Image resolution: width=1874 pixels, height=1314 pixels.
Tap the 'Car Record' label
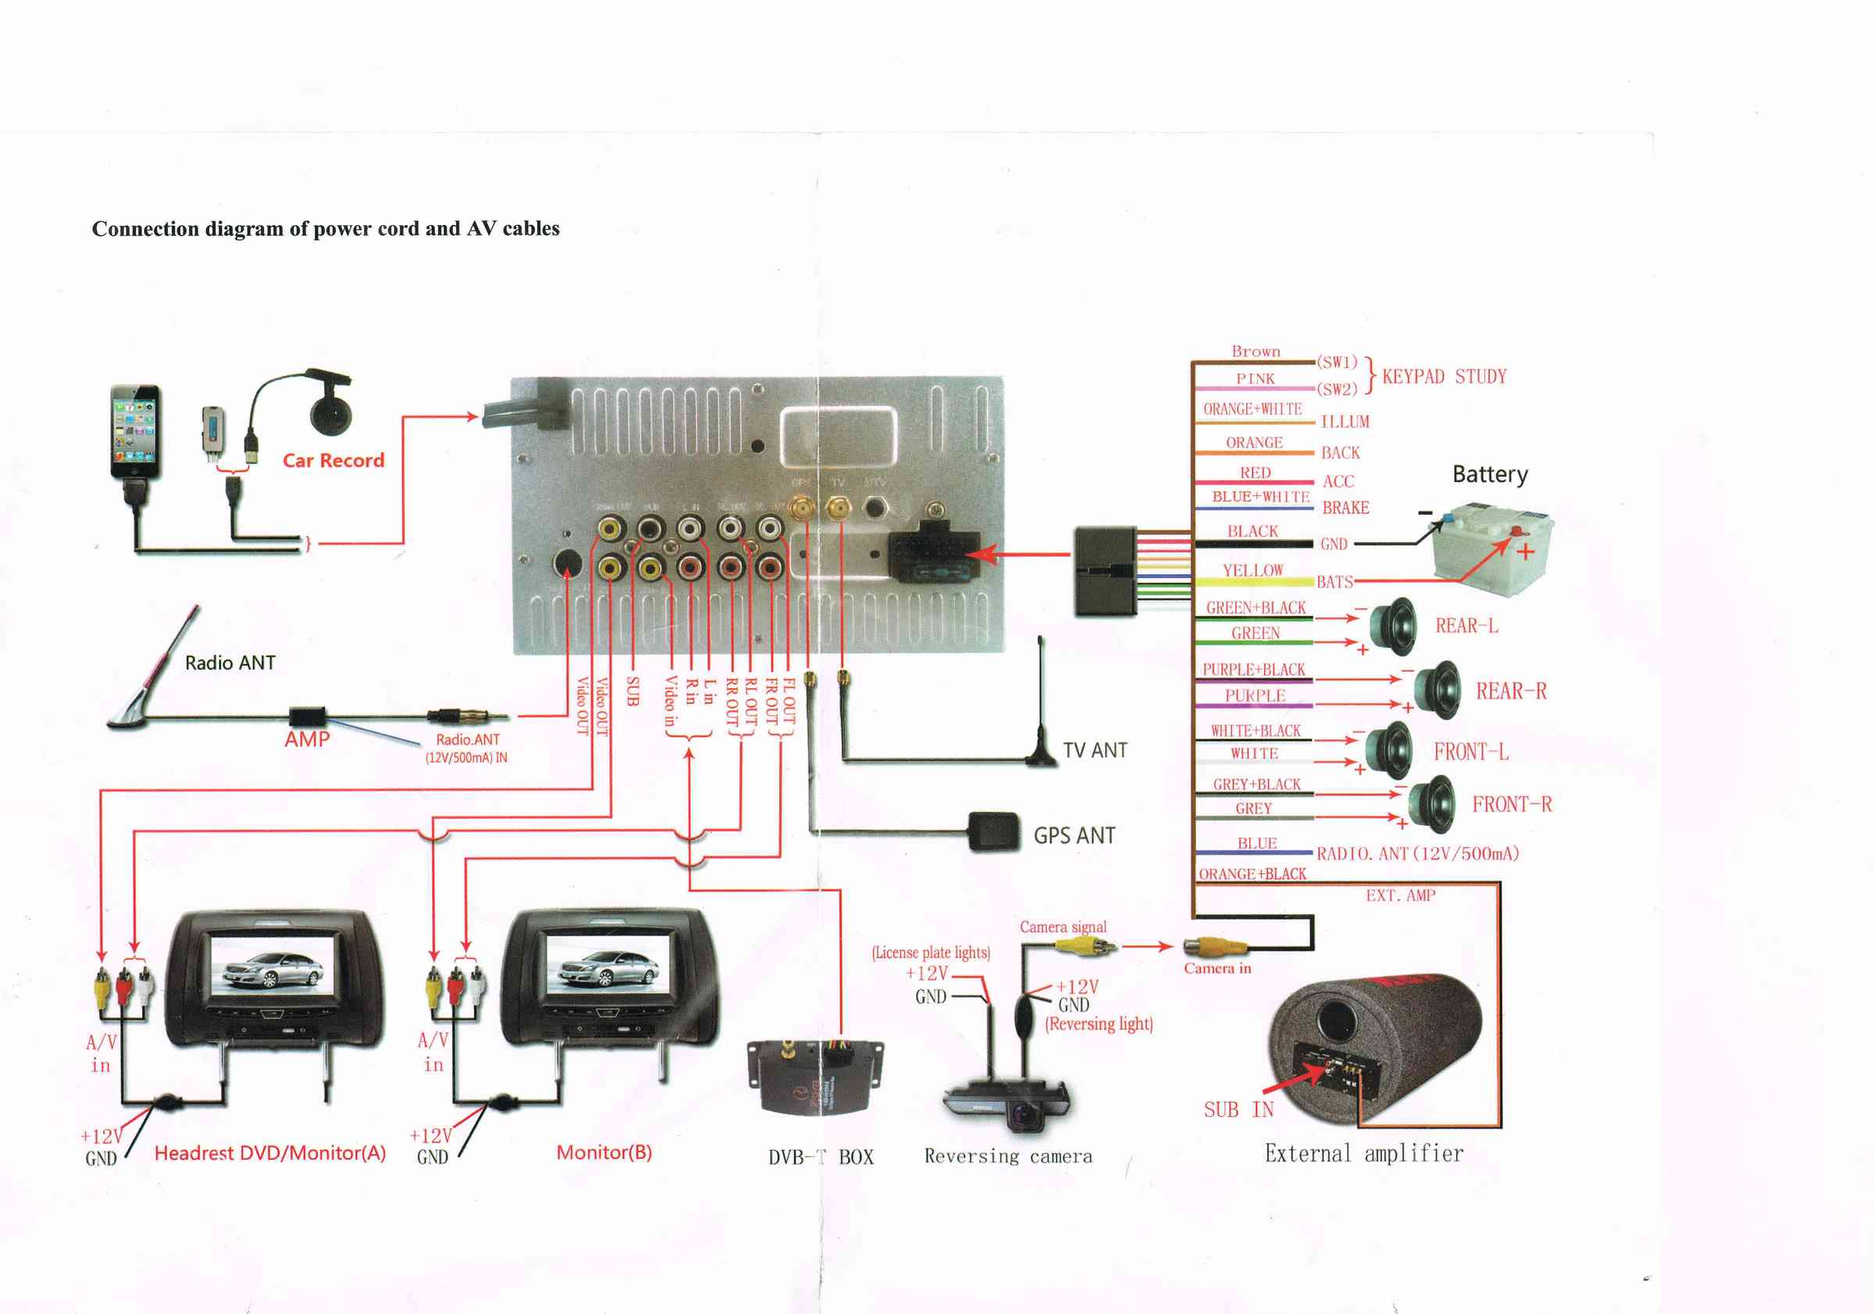pyautogui.click(x=333, y=461)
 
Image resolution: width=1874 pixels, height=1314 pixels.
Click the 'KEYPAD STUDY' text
pyautogui.click(x=1444, y=377)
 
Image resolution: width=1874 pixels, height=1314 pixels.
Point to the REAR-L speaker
pyautogui.click(x=1394, y=627)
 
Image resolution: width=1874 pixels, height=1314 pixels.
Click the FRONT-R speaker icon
pyautogui.click(x=1432, y=804)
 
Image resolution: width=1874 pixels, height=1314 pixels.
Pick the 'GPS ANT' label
pyautogui.click(x=1074, y=835)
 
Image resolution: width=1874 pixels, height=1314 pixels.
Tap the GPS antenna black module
pyautogui.click(x=994, y=831)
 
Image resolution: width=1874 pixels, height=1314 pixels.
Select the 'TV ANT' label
pyautogui.click(x=1095, y=751)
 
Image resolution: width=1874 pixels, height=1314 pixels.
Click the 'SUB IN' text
pyautogui.click(x=1238, y=1109)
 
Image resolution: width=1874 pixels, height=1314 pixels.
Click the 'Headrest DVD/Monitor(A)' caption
pyautogui.click(x=270, y=1152)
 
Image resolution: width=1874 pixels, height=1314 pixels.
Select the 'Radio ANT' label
pyautogui.click(x=230, y=662)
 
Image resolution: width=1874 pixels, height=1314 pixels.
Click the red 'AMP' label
pyautogui.click(x=307, y=739)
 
